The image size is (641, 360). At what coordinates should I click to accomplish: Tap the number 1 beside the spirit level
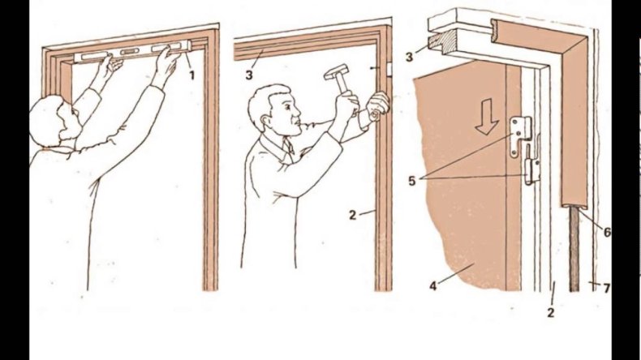pos(191,75)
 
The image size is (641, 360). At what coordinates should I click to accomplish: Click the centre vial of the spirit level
pos(129,52)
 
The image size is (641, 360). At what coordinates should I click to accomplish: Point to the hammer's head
pos(336,71)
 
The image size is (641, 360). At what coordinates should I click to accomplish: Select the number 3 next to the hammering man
pos(249,75)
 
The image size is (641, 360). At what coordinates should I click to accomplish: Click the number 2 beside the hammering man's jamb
pos(353,215)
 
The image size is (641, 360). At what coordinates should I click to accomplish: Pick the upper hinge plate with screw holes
pos(519,135)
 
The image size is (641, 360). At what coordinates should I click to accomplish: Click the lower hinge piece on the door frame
pos(531,172)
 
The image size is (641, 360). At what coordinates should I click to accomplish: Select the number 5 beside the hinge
pos(412,181)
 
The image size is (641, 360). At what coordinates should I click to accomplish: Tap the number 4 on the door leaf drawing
pos(433,285)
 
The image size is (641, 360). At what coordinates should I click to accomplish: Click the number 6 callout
pos(607,232)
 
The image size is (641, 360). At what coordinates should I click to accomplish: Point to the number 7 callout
pos(607,288)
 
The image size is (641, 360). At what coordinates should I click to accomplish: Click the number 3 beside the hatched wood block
pos(409,57)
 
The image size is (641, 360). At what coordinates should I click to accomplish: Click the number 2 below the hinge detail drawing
pos(551,313)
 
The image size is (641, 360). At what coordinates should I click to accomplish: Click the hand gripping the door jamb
pos(377,106)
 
